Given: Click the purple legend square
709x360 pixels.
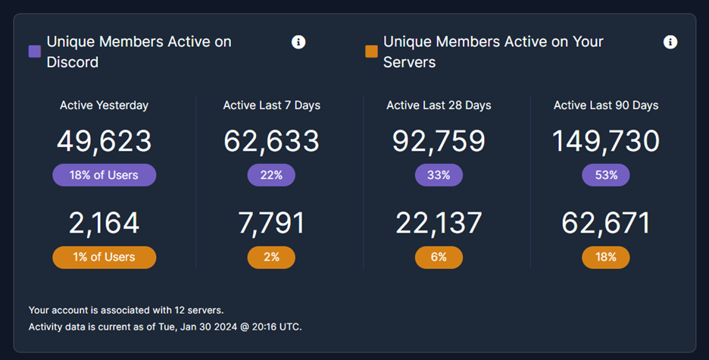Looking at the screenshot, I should (x=34, y=52).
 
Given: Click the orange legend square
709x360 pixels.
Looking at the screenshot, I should (x=371, y=52).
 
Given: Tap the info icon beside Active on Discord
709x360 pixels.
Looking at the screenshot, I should (x=298, y=42).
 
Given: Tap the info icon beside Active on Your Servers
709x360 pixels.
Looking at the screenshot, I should (x=670, y=42).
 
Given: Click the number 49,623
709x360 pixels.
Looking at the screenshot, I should (x=105, y=141).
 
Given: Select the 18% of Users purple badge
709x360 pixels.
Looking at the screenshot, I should (x=105, y=175).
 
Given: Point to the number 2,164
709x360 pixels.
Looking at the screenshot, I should (x=105, y=223).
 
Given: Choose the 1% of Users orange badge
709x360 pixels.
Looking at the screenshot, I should (x=105, y=257).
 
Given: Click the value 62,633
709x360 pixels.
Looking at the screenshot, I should (x=271, y=141).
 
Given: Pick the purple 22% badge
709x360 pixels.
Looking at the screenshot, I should (x=271, y=175).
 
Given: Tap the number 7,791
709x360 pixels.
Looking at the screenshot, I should (x=271, y=223).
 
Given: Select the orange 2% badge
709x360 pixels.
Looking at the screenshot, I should (x=271, y=257).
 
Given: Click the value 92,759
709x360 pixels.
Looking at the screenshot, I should (x=439, y=141).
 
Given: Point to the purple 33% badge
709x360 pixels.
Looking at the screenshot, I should (x=439, y=175).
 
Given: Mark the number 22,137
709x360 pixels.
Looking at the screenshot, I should (x=439, y=223).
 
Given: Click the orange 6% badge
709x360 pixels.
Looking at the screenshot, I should (x=439, y=257).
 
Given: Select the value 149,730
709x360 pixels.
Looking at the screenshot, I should (x=606, y=141).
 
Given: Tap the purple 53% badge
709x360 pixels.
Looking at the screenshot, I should (x=606, y=175).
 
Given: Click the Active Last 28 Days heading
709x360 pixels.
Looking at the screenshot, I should (x=439, y=105).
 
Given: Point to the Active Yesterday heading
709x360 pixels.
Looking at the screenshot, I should (x=105, y=105).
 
